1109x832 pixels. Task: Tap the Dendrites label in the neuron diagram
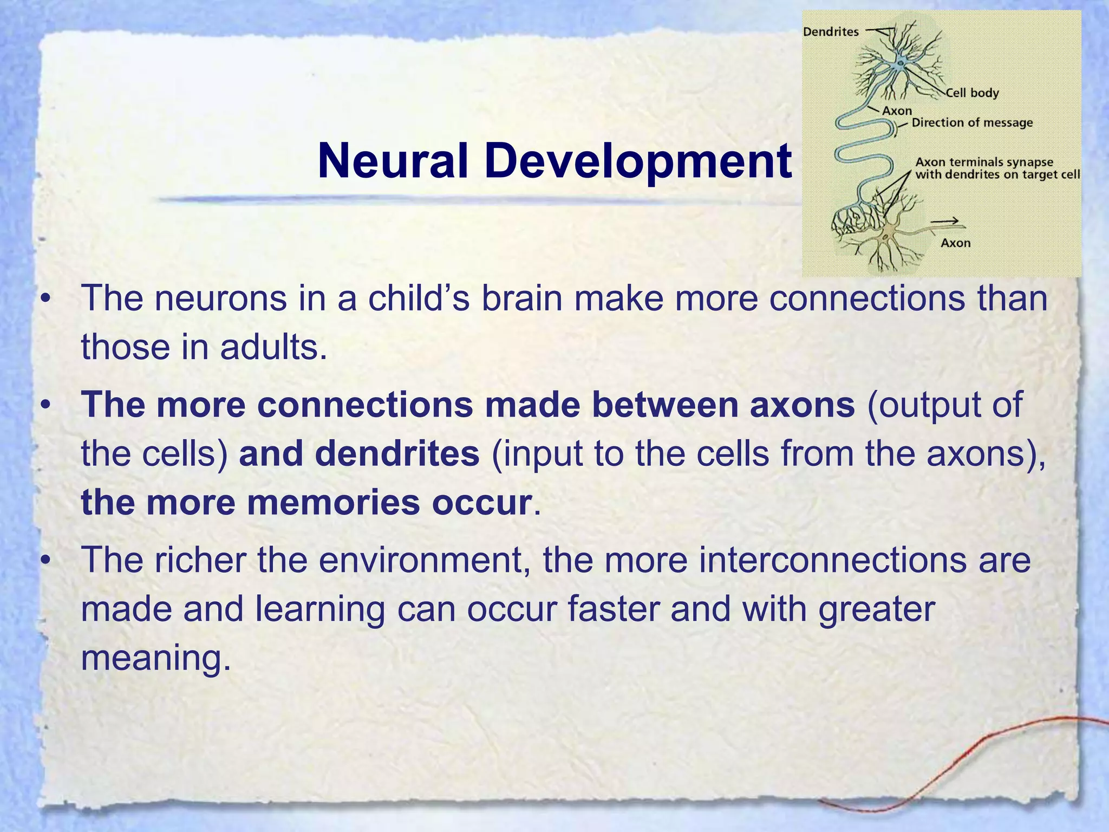831,32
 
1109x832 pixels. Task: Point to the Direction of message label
972,123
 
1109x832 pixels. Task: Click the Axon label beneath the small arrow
955,243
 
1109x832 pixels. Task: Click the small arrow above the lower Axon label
945,221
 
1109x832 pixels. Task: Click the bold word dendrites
397,454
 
